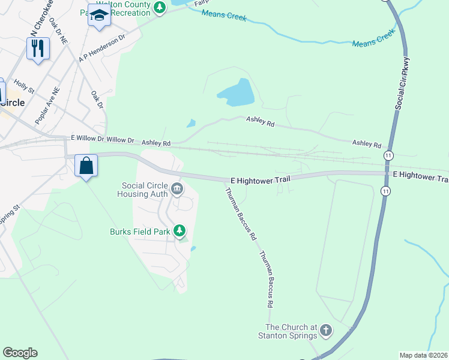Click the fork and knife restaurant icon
pos(38,48)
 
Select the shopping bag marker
pos(86,166)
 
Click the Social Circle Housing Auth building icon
pos(177,190)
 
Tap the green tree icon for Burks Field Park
pos(179,230)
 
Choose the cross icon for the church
pos(326,330)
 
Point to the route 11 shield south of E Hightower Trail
pos(384,191)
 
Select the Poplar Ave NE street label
pos(47,106)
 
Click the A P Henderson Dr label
pos(101,47)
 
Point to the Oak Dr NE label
pos(58,29)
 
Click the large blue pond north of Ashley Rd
pos(237,92)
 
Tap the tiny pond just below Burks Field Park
pos(192,248)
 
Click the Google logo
pos(20,353)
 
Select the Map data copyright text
pos(423,355)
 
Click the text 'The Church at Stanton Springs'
pos(291,331)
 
